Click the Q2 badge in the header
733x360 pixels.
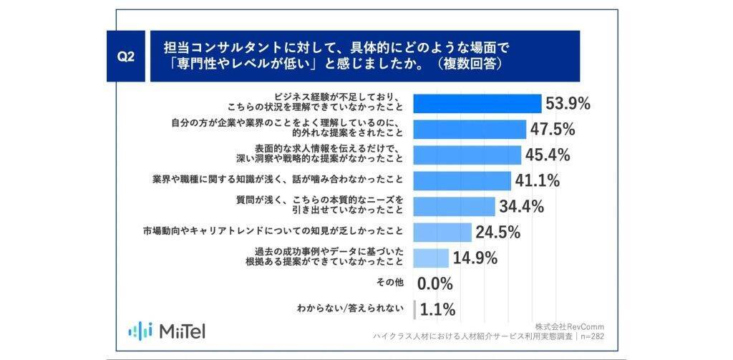coord(126,57)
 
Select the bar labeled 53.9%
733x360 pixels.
coord(477,103)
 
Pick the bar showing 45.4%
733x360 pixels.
coord(467,155)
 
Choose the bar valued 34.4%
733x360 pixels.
coord(455,206)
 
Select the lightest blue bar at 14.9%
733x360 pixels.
coord(432,258)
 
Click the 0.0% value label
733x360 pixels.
coord(435,283)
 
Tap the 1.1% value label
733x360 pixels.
coord(436,309)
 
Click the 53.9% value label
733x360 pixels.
coord(568,103)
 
